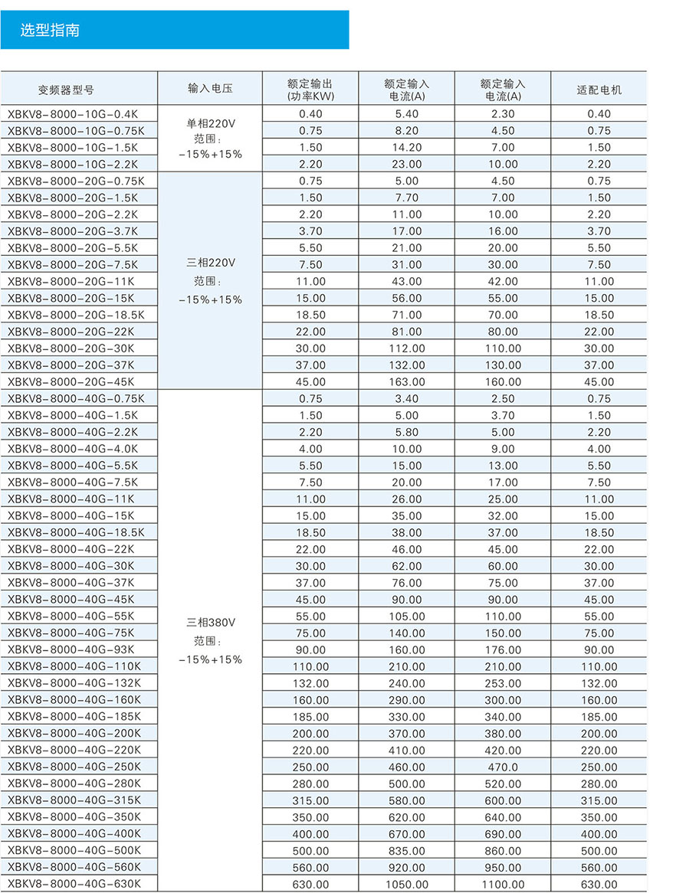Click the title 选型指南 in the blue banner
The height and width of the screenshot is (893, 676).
[50, 31]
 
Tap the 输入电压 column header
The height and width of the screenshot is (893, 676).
[210, 89]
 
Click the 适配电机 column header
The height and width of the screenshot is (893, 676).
[599, 90]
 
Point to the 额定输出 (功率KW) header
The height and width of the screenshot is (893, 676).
[310, 90]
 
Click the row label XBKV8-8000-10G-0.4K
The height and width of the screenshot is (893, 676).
[74, 114]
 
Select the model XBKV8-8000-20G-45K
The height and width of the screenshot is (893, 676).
[71, 381]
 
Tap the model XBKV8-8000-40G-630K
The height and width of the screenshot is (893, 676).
[74, 884]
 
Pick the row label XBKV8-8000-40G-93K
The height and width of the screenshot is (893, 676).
[71, 649]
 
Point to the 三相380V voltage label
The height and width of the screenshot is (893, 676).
[210, 623]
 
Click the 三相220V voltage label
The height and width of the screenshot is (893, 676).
[210, 263]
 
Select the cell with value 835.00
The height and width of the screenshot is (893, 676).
[406, 851]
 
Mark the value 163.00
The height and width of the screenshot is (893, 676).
[406, 382]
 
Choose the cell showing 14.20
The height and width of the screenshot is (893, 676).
[406, 148]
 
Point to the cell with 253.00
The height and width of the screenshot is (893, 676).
[503, 683]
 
